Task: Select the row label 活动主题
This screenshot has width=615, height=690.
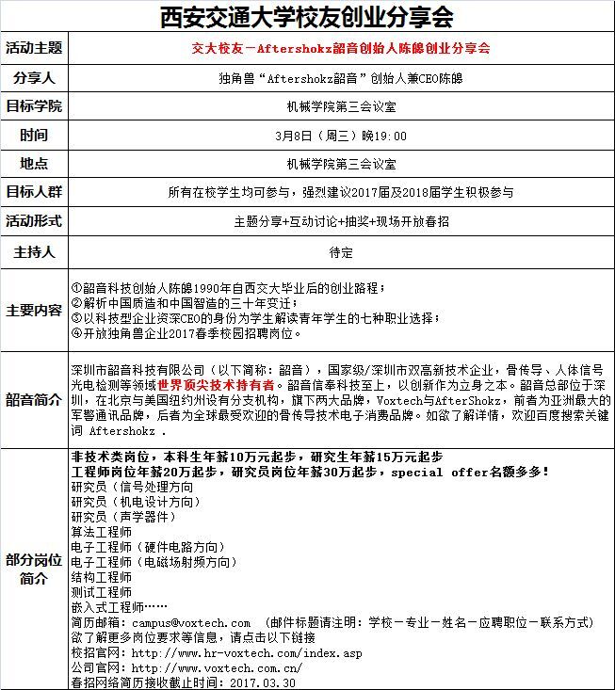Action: tap(35, 47)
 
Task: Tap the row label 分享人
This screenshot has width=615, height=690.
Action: tap(35, 76)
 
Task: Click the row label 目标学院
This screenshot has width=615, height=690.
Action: tap(35, 105)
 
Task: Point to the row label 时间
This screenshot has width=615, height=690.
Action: tap(35, 135)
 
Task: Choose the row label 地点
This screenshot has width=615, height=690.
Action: tap(35, 164)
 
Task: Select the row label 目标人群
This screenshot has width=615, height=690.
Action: tap(35, 192)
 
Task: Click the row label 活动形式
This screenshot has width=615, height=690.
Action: tap(35, 221)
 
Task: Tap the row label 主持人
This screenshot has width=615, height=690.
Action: tap(35, 252)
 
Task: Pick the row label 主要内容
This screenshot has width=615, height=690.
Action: tap(35, 310)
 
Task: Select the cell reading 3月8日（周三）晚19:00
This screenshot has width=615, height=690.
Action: tap(341, 135)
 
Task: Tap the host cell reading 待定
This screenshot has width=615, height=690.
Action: tap(341, 252)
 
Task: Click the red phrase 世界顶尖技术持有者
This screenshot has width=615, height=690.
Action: tap(217, 385)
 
